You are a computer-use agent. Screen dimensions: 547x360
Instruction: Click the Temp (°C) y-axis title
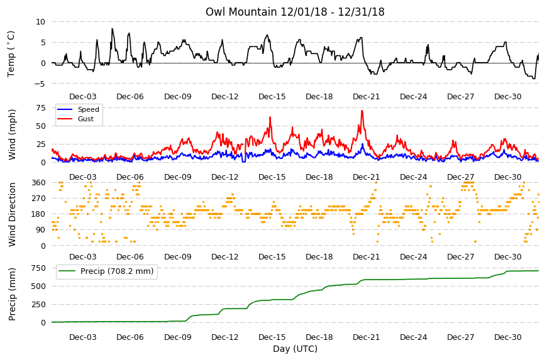click(11, 54)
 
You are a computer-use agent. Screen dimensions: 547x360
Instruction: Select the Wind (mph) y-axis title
click(12, 134)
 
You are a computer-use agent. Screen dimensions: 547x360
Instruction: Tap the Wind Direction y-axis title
click(12, 214)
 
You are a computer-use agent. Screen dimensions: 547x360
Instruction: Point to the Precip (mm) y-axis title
click(12, 294)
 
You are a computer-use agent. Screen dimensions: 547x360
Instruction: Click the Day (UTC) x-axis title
click(295, 349)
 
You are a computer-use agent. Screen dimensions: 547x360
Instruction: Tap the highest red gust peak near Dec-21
click(362, 111)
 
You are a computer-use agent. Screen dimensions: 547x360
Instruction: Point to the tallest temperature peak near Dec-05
click(112, 29)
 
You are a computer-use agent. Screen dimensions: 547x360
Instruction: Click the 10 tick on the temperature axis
click(40, 21)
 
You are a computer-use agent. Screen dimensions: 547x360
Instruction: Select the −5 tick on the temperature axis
click(40, 84)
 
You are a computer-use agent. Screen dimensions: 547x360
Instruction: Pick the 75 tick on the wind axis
click(41, 107)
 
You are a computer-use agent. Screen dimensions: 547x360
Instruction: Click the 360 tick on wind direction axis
click(39, 183)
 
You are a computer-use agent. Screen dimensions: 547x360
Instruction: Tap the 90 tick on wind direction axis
click(41, 230)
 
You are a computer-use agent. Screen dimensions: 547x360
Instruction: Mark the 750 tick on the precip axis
click(39, 268)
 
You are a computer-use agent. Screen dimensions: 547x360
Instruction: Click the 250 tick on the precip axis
click(39, 305)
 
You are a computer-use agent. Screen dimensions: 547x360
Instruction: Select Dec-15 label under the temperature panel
click(272, 97)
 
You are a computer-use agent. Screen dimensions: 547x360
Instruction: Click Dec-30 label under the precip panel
click(508, 337)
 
